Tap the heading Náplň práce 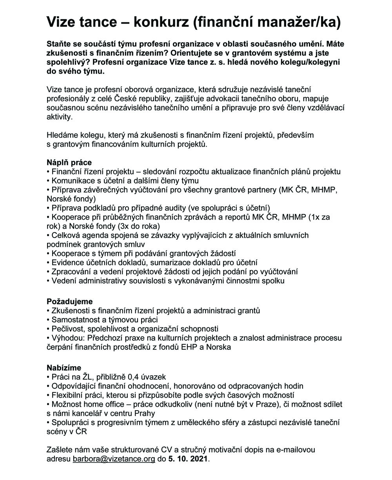(x=69, y=162)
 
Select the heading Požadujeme (x=70, y=302)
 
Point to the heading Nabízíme (x=64, y=368)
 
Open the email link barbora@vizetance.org (x=114, y=458)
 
